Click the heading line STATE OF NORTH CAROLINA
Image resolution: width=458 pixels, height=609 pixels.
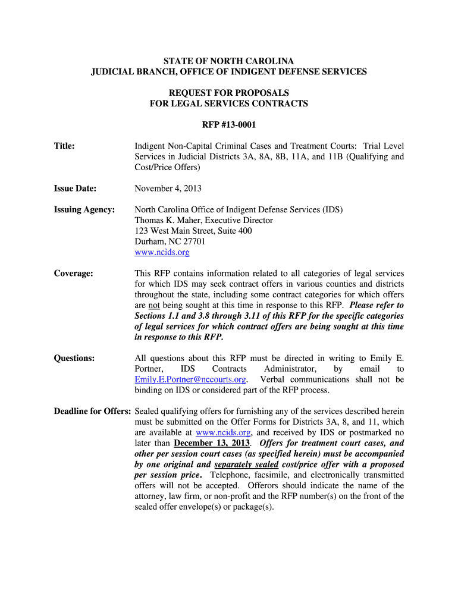click(x=229, y=61)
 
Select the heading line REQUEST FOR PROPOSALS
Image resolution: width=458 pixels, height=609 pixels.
click(x=229, y=93)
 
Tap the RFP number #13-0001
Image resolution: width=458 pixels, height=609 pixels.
click(x=229, y=125)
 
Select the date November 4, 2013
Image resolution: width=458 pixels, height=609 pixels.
click(x=168, y=189)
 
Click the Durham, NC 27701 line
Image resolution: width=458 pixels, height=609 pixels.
click(x=170, y=242)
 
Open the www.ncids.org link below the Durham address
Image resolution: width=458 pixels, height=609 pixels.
click(x=162, y=253)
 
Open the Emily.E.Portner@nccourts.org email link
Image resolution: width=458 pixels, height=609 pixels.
click(x=190, y=380)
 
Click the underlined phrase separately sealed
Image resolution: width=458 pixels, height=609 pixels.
click(x=246, y=464)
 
